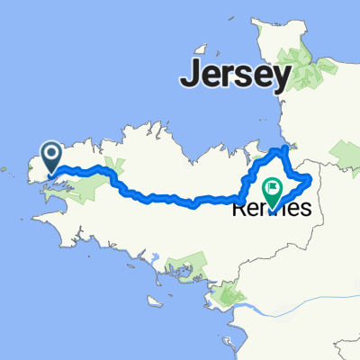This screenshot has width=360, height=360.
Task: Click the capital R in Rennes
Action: [x=240, y=209]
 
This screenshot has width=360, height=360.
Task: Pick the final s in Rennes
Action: [x=304, y=209]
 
